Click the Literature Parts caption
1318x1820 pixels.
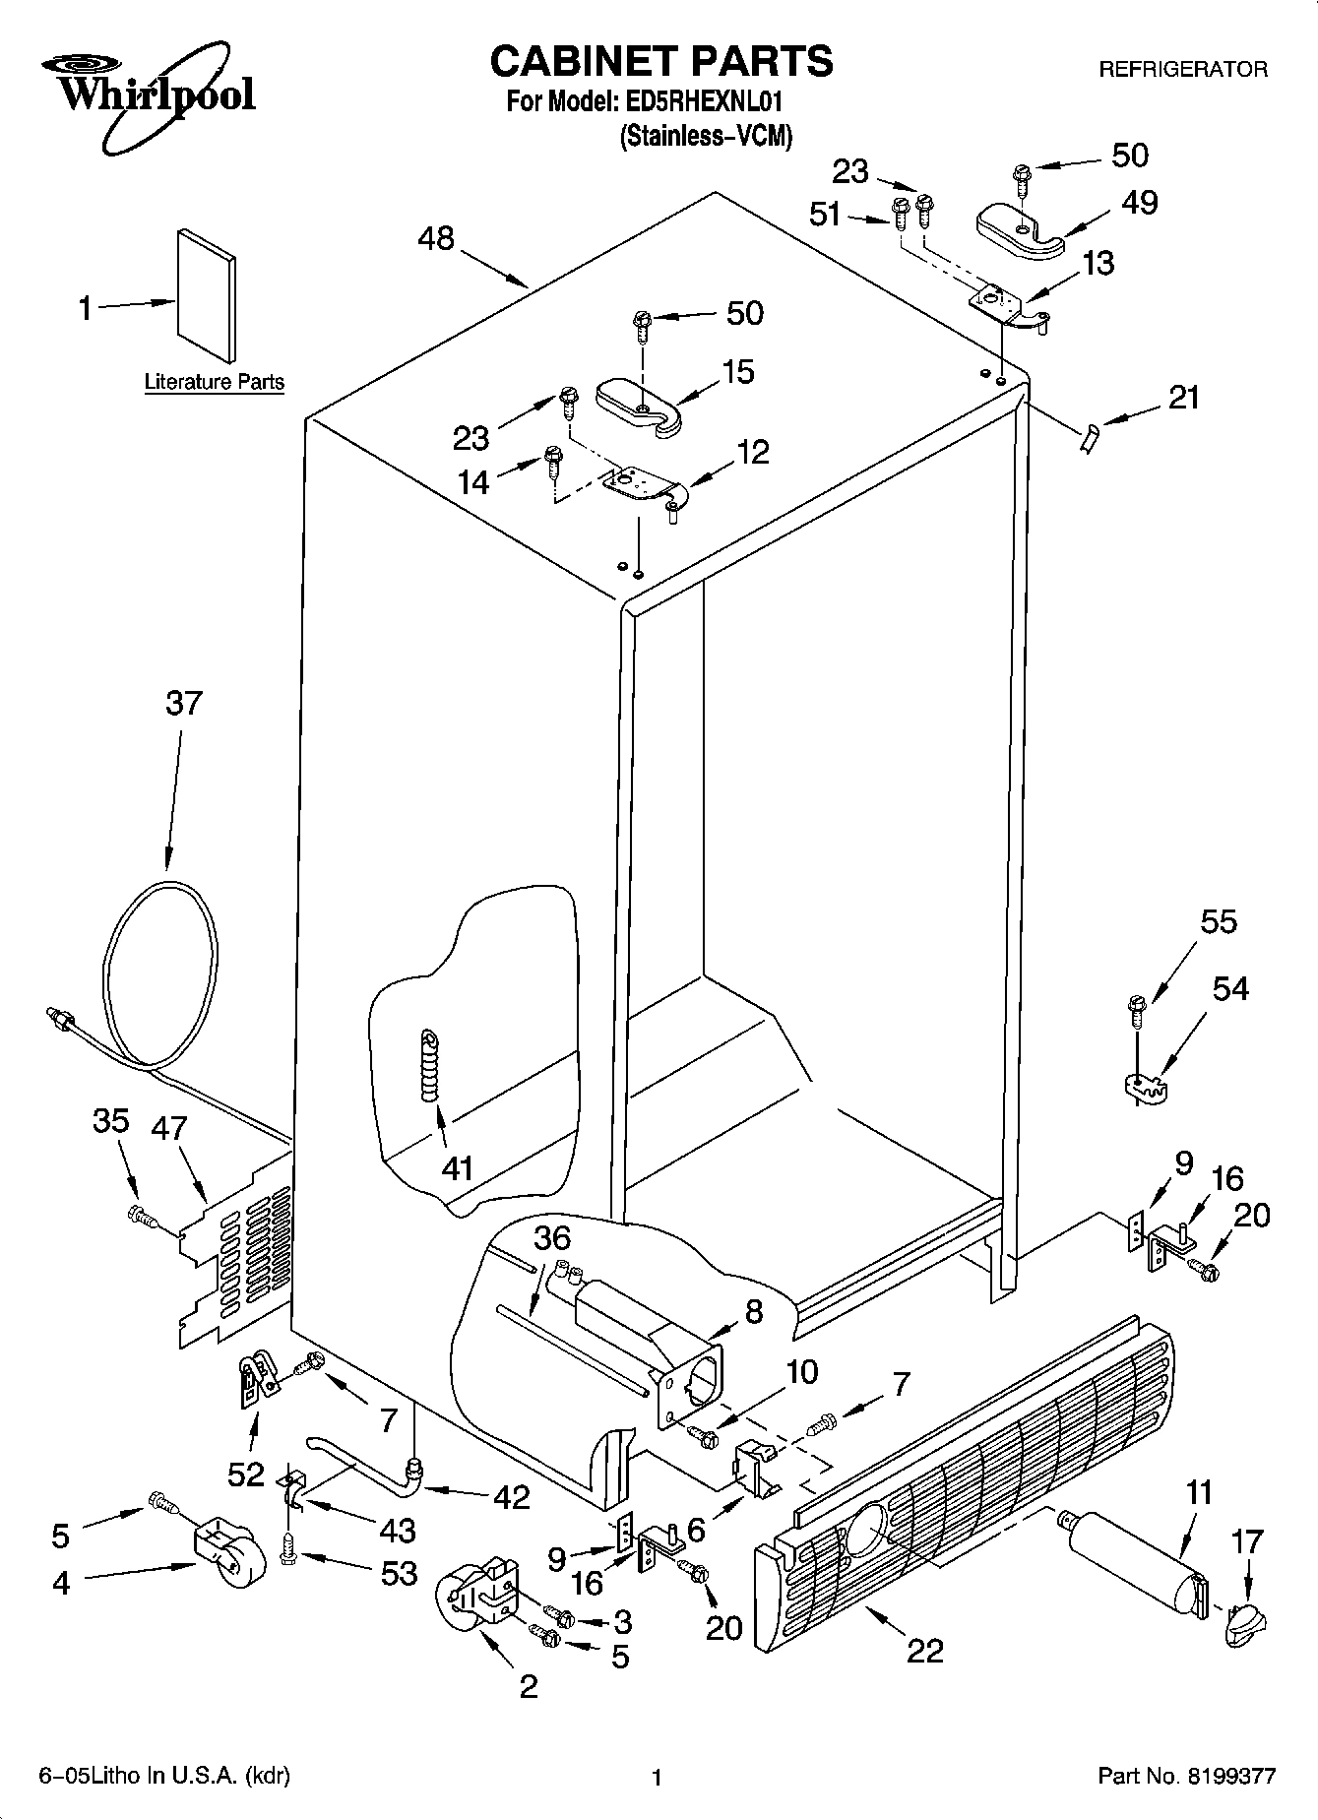214,382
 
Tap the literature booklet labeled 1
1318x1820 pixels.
207,296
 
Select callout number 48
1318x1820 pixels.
436,238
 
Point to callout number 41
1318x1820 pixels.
458,1167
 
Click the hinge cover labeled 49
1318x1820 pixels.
1020,228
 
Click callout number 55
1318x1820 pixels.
1219,922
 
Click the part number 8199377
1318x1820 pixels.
1230,1776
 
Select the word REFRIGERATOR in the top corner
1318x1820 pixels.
1182,70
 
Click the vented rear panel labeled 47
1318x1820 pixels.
241,1245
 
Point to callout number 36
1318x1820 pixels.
553,1238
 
